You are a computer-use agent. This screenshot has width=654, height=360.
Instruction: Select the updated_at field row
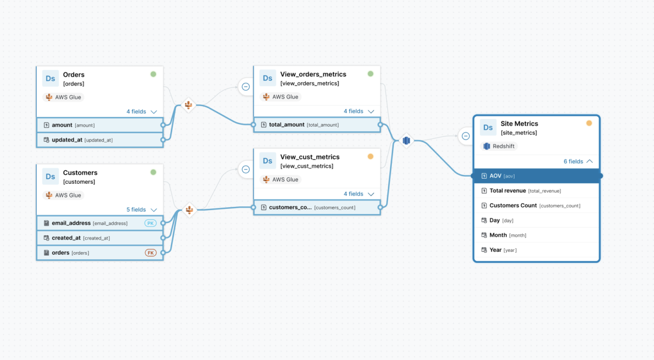point(82,140)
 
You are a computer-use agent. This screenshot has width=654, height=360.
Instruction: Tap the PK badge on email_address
point(150,223)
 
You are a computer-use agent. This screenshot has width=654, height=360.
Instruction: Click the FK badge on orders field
point(150,253)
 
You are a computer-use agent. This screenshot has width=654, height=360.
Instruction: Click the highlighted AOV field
point(536,176)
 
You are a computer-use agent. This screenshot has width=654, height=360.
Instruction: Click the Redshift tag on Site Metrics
point(500,146)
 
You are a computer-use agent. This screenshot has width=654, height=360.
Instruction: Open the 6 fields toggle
point(578,161)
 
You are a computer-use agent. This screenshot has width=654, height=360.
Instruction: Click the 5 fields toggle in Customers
point(142,210)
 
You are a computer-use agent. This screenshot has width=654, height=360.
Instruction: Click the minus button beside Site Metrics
point(465,136)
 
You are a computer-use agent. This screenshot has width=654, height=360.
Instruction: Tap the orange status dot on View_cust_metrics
point(370,157)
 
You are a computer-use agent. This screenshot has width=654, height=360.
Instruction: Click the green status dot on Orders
point(153,74)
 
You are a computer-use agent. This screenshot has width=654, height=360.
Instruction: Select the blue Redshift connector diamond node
point(406,140)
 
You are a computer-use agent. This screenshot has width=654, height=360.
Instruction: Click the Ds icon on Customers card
point(51,176)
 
